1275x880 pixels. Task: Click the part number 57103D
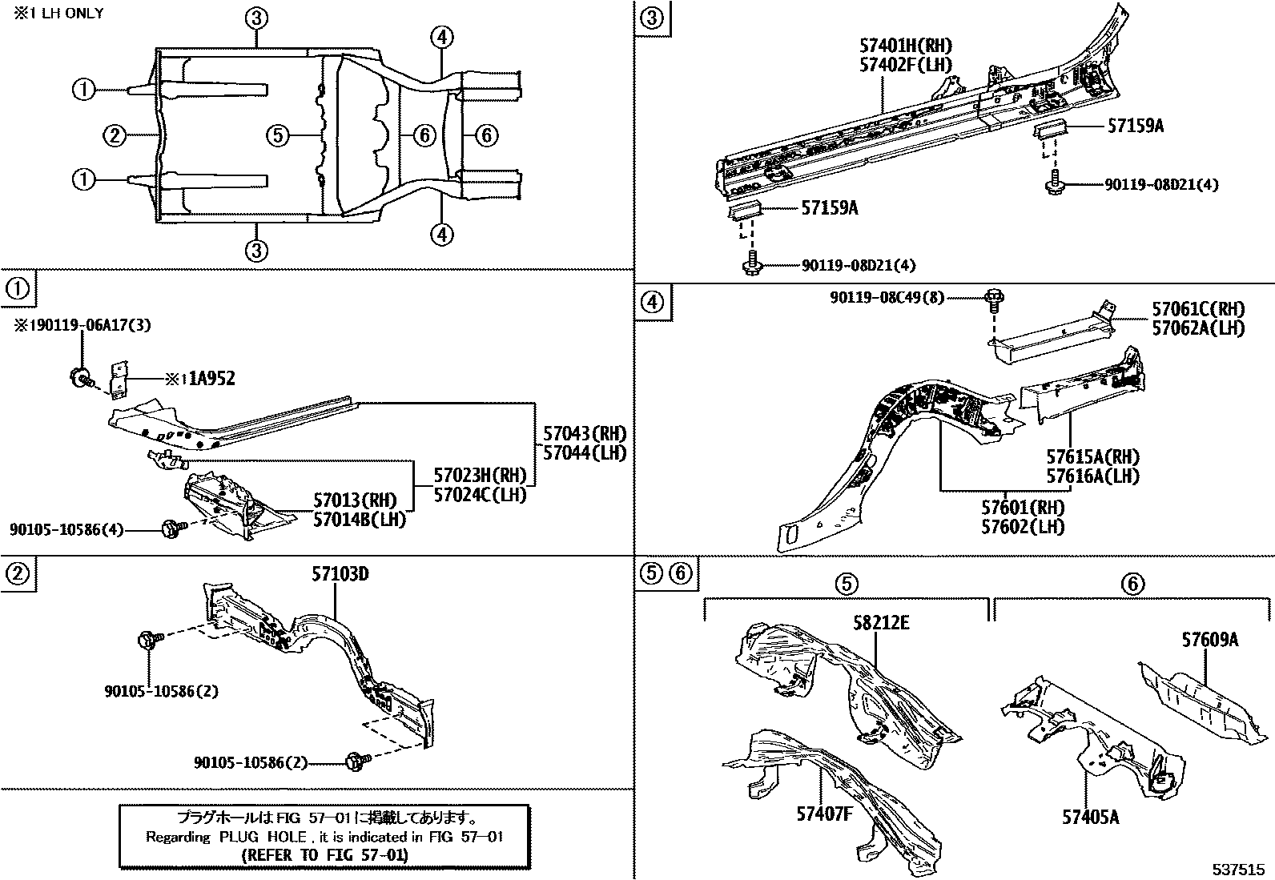click(x=340, y=574)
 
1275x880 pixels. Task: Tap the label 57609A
click(x=1209, y=640)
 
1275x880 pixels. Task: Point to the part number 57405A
click(x=1090, y=817)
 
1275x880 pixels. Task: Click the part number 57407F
click(x=824, y=814)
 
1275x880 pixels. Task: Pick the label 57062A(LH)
click(x=1198, y=327)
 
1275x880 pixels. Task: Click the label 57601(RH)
click(x=1023, y=508)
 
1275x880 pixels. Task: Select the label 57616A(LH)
click(x=1092, y=476)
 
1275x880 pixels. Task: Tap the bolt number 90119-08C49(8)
click(x=887, y=298)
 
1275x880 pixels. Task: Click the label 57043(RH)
click(x=584, y=433)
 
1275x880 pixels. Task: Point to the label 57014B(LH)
click(x=359, y=519)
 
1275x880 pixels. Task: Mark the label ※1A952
click(x=200, y=379)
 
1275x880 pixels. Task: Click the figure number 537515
click(x=1237, y=869)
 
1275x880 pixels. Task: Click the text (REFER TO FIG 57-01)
click(x=324, y=854)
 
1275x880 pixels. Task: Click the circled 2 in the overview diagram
click(x=115, y=135)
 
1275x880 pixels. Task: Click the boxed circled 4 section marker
click(x=653, y=302)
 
